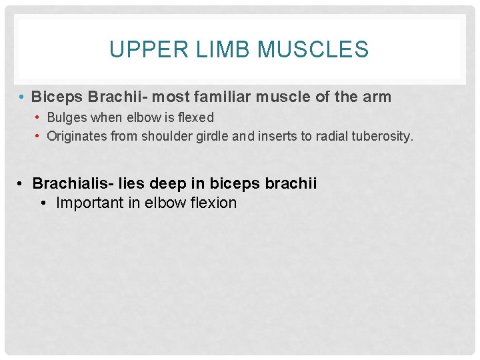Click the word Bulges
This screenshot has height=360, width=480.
pyautogui.click(x=66, y=117)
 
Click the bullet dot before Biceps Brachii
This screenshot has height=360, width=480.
pyautogui.click(x=23, y=97)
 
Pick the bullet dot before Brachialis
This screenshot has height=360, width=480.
pyautogui.click(x=23, y=183)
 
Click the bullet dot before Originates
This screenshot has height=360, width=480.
pyautogui.click(x=39, y=137)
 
